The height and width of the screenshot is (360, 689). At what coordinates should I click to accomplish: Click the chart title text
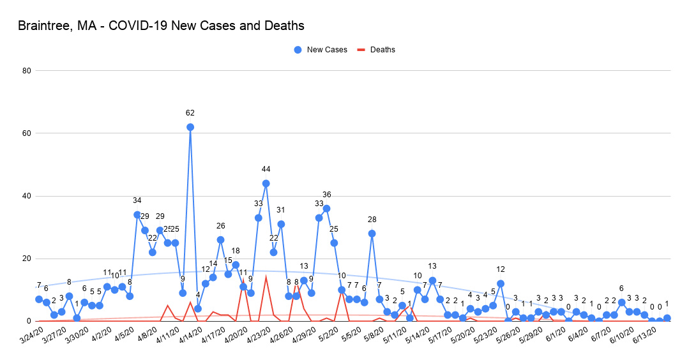[161, 26]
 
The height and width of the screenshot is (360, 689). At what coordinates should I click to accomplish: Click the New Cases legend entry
[321, 50]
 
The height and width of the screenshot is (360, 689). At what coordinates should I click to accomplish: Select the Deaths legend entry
[377, 50]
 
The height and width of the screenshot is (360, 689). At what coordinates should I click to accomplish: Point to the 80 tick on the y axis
[27, 71]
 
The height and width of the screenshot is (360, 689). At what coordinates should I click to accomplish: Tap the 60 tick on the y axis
[27, 133]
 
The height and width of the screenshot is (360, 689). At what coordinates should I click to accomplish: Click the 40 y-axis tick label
[27, 196]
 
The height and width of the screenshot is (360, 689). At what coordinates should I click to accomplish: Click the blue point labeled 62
[190, 127]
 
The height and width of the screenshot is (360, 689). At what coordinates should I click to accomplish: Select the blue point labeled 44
[266, 183]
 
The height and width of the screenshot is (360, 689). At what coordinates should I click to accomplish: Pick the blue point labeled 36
[326, 208]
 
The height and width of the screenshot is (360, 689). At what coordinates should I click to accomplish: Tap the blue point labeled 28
[372, 234]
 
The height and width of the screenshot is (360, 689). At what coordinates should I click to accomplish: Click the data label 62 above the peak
[190, 113]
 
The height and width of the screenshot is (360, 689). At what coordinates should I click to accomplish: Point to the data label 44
[266, 169]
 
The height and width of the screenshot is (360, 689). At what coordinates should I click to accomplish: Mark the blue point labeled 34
[137, 214]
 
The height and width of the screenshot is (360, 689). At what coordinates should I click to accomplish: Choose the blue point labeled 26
[220, 240]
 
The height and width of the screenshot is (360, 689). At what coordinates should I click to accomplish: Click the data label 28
[372, 220]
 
